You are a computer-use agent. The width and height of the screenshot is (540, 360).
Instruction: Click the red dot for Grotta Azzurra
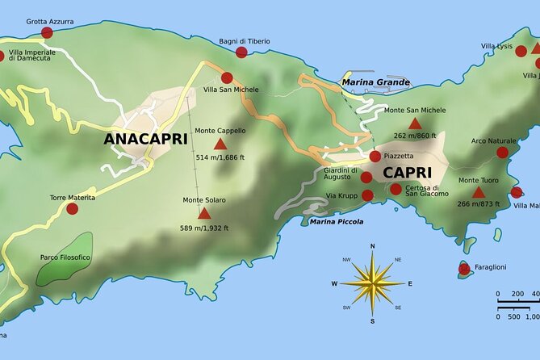coord(47,32)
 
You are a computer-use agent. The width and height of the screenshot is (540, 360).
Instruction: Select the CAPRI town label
coord(407,172)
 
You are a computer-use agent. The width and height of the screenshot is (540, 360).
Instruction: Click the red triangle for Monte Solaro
coord(204,214)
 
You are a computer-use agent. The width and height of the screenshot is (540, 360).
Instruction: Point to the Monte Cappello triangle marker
coord(220,144)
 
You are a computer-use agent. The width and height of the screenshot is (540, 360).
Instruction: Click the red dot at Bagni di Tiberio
coord(241,52)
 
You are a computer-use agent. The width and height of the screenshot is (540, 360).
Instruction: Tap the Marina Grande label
coord(375,82)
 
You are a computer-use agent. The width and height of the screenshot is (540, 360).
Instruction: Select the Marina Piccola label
coord(336,221)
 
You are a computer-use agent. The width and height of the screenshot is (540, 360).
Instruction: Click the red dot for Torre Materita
coord(72,208)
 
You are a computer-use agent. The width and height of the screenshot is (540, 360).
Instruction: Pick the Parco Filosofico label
coord(65,257)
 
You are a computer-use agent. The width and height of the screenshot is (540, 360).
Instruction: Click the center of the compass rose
coord(372,283)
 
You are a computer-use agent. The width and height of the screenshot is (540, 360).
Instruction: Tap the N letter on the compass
coord(372,246)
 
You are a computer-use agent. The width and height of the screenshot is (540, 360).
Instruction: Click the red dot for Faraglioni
coord(464,269)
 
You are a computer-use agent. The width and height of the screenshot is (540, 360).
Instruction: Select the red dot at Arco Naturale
coord(502,152)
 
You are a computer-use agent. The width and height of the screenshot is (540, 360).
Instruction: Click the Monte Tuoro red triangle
coord(478,193)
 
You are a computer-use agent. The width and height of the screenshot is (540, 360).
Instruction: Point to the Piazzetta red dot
coord(375,156)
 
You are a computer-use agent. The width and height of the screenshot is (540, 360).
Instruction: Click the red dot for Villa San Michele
coord(227,77)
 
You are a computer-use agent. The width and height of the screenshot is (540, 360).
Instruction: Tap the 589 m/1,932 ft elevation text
coord(204,228)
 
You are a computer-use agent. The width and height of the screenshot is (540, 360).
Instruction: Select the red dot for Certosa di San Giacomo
coord(396,189)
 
